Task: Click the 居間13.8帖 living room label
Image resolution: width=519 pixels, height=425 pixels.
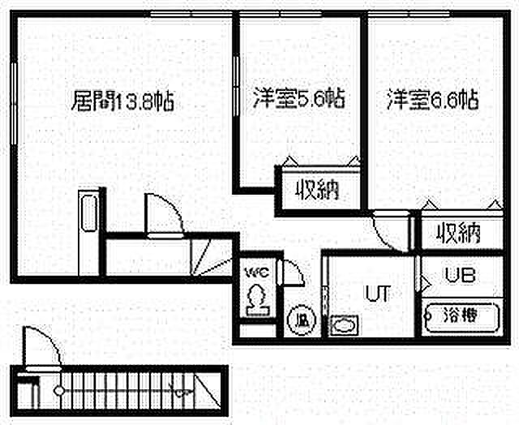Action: tap(122, 101)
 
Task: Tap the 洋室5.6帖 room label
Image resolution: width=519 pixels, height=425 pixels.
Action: tap(298, 98)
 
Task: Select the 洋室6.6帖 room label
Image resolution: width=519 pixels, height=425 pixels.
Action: tap(433, 99)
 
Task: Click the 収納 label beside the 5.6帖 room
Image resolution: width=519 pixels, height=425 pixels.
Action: tap(317, 191)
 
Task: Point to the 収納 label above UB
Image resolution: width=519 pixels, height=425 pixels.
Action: tap(458, 233)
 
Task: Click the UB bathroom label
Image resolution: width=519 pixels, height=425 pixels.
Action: tap(460, 275)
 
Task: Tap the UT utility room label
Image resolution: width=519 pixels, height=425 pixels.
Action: tap(378, 293)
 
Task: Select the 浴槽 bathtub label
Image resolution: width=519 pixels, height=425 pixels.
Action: tap(461, 316)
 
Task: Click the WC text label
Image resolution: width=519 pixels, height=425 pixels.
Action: tap(257, 273)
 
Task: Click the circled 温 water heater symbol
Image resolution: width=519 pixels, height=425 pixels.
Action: tap(302, 320)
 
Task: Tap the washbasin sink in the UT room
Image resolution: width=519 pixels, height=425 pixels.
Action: tap(344, 325)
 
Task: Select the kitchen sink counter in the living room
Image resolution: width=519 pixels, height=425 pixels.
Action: tap(88, 232)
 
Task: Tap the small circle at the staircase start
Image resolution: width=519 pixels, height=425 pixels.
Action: tap(59, 391)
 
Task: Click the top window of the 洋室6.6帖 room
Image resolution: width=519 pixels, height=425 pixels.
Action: tap(410, 15)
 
